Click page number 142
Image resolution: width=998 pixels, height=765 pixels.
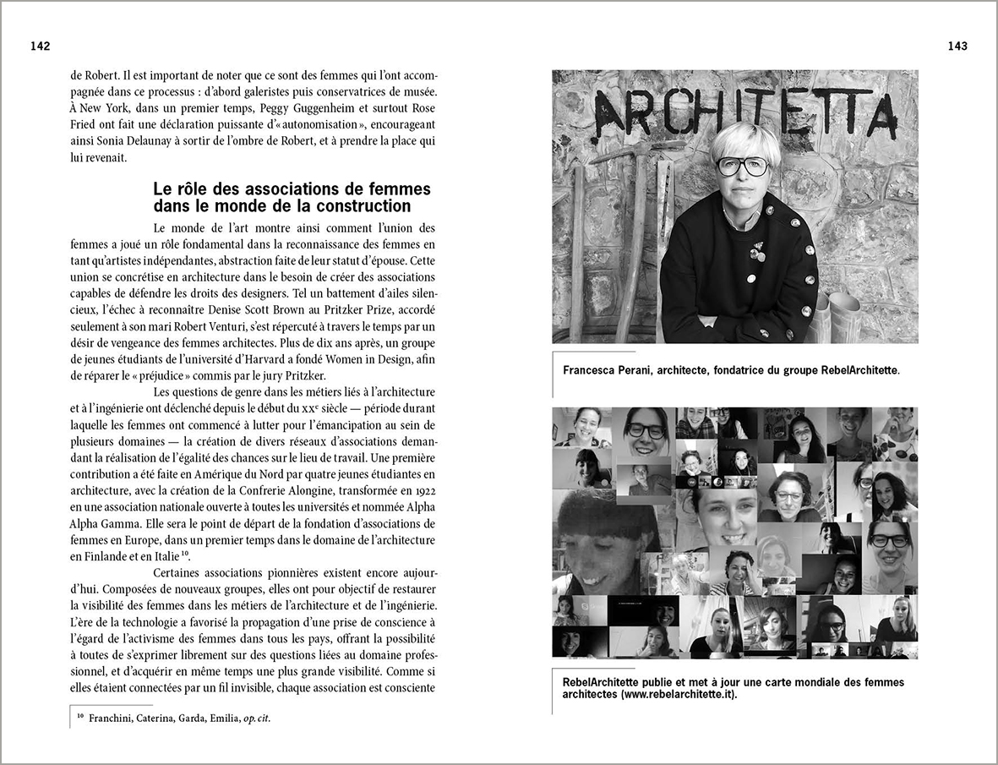(40, 46)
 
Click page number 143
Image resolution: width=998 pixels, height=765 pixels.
(957, 46)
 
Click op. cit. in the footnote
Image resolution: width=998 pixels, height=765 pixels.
(257, 719)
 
